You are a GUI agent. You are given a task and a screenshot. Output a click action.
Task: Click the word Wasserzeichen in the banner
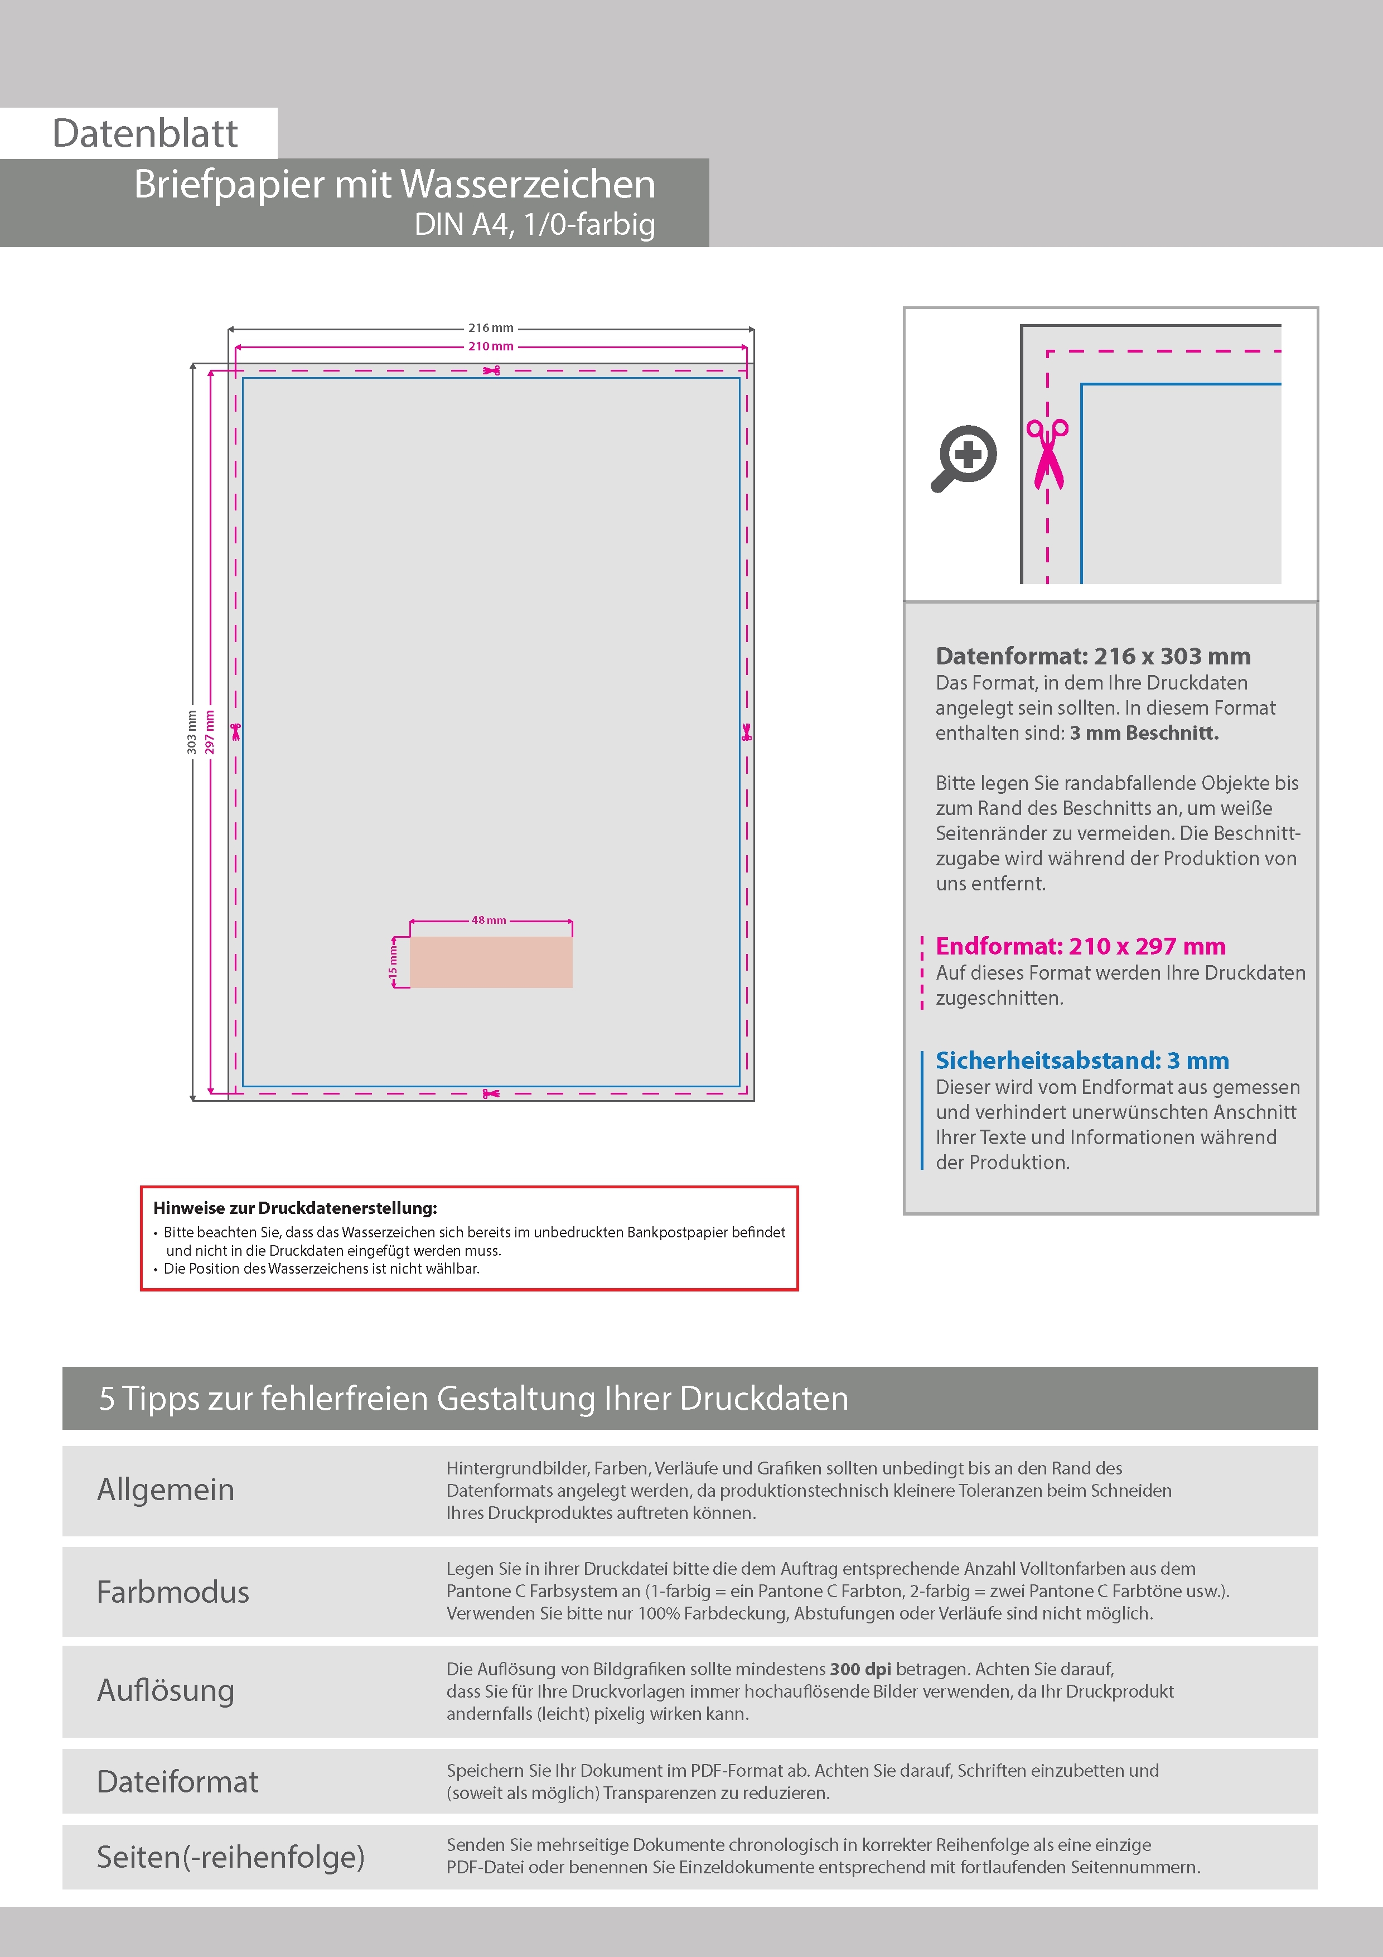[528, 184]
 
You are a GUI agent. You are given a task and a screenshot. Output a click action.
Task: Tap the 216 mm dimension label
[491, 328]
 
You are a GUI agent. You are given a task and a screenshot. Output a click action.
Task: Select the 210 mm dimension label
[491, 346]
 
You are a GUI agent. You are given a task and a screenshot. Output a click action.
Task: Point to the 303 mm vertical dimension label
[192, 732]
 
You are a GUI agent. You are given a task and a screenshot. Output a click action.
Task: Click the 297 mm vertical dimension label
[210, 732]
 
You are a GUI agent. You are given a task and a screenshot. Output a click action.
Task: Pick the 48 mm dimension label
[489, 920]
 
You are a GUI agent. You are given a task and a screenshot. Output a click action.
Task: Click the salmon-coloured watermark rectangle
[491, 962]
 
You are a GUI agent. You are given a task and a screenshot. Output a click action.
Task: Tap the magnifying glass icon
[964, 457]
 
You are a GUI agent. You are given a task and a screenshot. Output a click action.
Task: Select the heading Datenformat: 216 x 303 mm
[1092, 656]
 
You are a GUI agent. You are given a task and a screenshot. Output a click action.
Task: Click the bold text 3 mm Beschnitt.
[1144, 733]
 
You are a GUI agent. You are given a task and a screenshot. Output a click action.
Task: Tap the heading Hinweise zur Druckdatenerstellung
[295, 1208]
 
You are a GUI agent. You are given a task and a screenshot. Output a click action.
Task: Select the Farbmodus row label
[173, 1592]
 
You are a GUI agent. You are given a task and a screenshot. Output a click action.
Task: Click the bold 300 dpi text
[860, 1669]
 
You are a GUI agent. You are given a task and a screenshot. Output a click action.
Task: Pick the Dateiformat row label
[177, 1781]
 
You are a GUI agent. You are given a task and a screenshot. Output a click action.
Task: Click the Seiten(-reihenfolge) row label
[230, 1857]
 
